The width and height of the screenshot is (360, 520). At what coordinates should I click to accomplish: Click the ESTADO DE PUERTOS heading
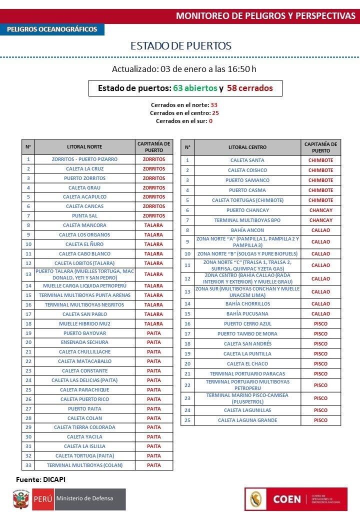(180, 46)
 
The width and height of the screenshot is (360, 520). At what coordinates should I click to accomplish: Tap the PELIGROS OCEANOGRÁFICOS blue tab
(52, 29)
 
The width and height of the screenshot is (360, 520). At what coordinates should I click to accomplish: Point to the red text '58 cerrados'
(249, 88)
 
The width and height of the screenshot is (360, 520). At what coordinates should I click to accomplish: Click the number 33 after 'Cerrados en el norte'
(214, 105)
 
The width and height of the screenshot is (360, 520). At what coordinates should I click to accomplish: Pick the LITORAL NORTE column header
(84, 147)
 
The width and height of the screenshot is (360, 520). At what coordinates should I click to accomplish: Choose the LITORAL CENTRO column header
(247, 147)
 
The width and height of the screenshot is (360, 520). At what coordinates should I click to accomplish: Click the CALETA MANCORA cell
(84, 225)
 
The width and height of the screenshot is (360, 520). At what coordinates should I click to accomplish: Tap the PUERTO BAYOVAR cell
(84, 333)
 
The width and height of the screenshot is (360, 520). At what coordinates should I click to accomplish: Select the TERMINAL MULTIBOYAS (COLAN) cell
(84, 465)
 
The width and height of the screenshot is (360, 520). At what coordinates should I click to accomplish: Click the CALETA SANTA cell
(247, 160)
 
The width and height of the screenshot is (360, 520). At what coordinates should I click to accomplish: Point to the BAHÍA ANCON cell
(247, 230)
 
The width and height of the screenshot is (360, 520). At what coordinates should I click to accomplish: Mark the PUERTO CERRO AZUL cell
(247, 324)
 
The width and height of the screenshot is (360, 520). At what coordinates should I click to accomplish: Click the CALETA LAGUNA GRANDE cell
(247, 420)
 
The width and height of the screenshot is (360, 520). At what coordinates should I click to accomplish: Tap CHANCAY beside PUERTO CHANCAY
(320, 210)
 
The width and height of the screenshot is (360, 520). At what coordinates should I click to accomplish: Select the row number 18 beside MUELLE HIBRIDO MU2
(28, 323)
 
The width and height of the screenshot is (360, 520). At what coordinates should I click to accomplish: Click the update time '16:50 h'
(242, 69)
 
